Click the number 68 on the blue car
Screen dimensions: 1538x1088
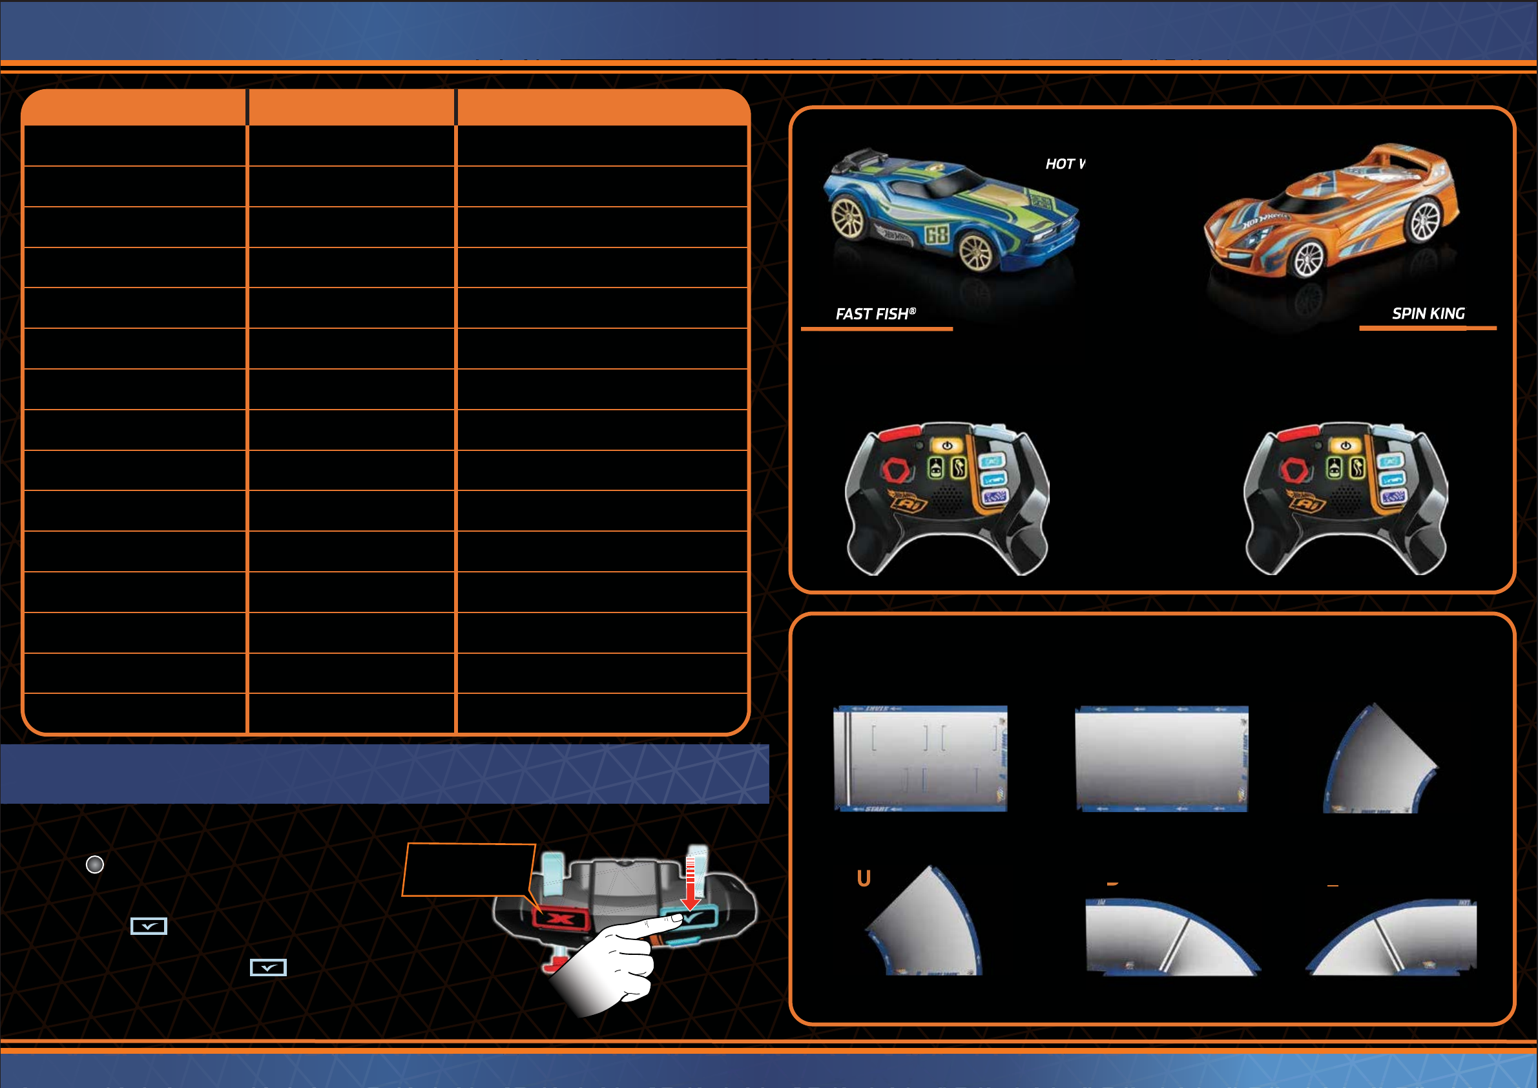click(x=937, y=235)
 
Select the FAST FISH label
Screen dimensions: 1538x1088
click(x=875, y=313)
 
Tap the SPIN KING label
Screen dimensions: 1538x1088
click(x=1428, y=313)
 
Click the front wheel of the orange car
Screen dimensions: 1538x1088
click(x=1307, y=258)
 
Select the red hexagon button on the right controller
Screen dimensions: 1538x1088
click(x=1295, y=470)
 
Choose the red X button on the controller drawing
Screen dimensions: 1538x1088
click(x=561, y=919)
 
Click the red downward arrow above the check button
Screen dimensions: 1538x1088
click(x=690, y=884)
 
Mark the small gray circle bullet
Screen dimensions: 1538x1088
click(x=95, y=864)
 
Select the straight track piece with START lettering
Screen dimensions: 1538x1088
click(x=920, y=758)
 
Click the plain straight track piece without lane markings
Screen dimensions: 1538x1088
click(x=1161, y=758)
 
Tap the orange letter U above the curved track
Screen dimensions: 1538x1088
click(x=864, y=877)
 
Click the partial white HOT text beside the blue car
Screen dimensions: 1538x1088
click(x=1065, y=164)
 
